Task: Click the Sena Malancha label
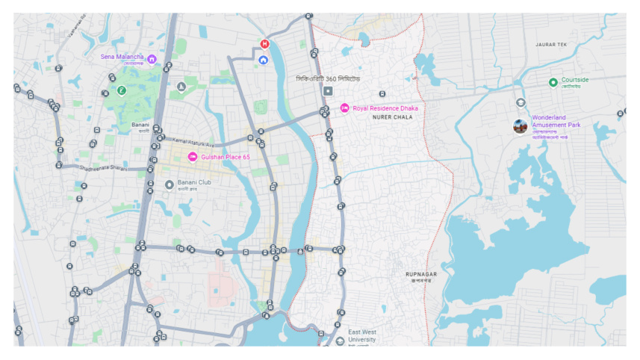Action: click(x=122, y=57)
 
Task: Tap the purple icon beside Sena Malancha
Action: click(x=152, y=58)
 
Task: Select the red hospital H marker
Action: click(x=264, y=44)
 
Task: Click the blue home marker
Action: click(x=264, y=60)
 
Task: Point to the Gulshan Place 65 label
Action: click(x=225, y=157)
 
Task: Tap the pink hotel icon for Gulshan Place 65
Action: click(x=192, y=157)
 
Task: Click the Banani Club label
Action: click(x=194, y=182)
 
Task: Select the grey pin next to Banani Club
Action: click(x=170, y=184)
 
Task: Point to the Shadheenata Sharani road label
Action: click(x=105, y=168)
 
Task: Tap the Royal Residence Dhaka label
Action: click(x=385, y=108)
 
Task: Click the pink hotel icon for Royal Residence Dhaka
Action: click(x=344, y=108)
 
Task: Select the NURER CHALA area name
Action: click(x=392, y=117)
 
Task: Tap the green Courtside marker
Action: click(x=553, y=81)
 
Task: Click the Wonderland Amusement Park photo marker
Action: click(x=520, y=126)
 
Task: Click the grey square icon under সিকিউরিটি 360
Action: click(x=327, y=91)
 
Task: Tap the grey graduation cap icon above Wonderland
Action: click(x=521, y=102)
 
